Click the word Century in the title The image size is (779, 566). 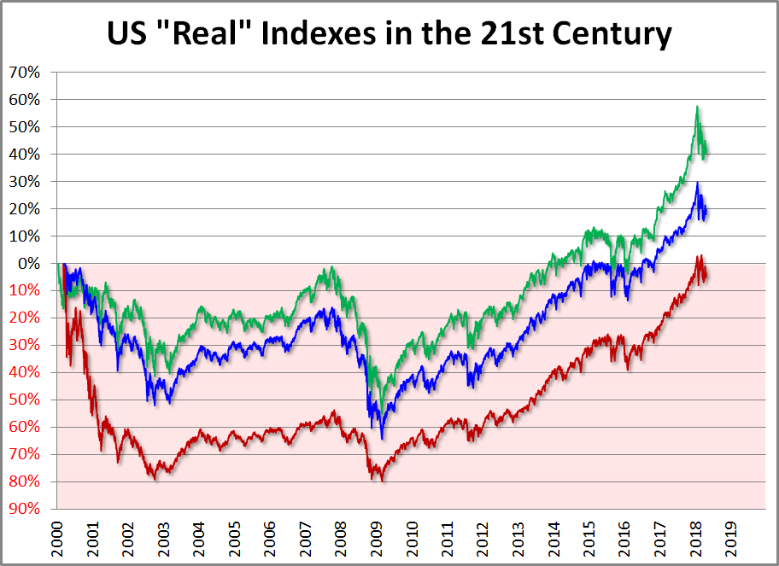tap(597, 33)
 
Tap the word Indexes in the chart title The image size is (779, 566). tap(342, 33)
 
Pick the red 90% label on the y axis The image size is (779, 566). tap(26, 509)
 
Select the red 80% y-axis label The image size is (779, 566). tap(26, 481)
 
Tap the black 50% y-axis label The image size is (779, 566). tap(26, 126)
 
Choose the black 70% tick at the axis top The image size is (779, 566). tap(26, 72)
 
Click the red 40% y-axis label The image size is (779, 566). tap(26, 372)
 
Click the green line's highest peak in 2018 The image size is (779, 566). tap(697, 107)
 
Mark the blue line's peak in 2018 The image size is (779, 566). tap(697, 183)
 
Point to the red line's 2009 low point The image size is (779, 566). tap(381, 481)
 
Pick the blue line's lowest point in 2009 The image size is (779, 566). tap(382, 438)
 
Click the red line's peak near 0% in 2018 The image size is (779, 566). tap(699, 255)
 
